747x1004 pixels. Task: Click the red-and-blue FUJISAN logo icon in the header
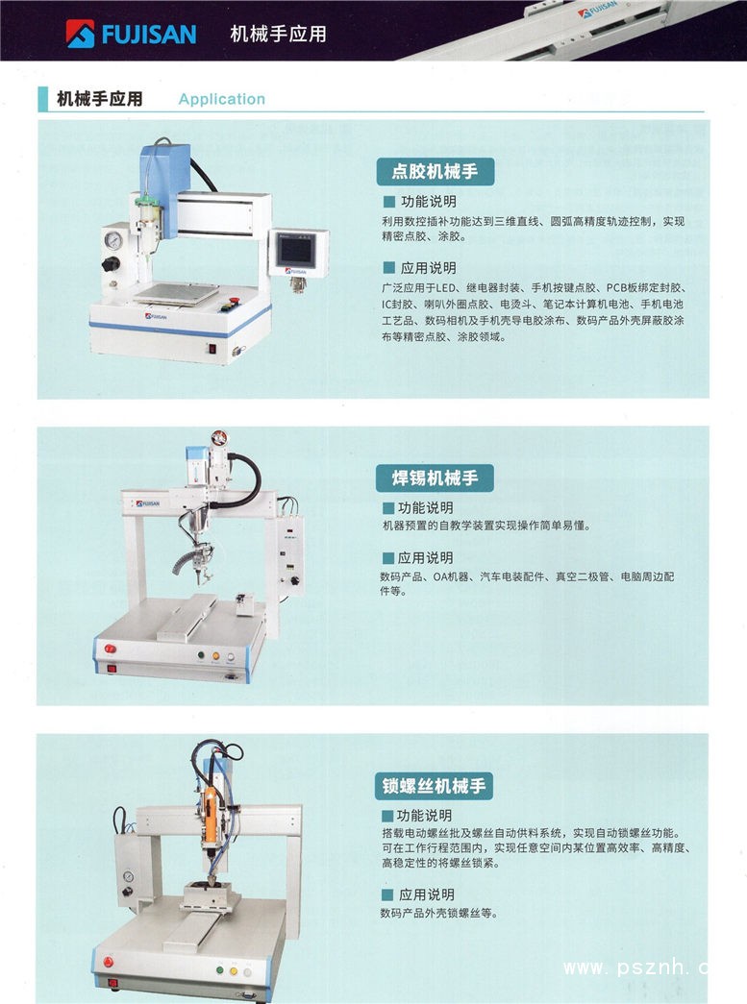click(80, 34)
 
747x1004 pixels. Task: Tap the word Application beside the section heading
click(222, 99)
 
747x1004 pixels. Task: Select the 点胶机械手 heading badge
click(435, 172)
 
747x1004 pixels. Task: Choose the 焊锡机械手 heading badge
click(435, 478)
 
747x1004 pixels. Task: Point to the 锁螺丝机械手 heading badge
click(434, 786)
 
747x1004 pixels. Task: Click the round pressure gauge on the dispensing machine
click(113, 240)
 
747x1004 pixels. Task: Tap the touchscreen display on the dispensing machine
click(295, 250)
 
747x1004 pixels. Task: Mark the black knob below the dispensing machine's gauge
click(111, 264)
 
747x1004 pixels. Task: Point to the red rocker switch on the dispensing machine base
click(212, 349)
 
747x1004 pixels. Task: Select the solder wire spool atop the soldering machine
click(219, 437)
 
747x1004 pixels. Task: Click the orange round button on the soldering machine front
click(216, 655)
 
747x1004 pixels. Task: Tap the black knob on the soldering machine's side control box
click(295, 580)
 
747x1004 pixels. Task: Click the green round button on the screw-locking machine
click(220, 970)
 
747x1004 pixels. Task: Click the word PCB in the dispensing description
click(617, 287)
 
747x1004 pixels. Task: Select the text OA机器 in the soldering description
click(451, 576)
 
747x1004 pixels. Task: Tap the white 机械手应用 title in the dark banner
click(278, 34)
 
